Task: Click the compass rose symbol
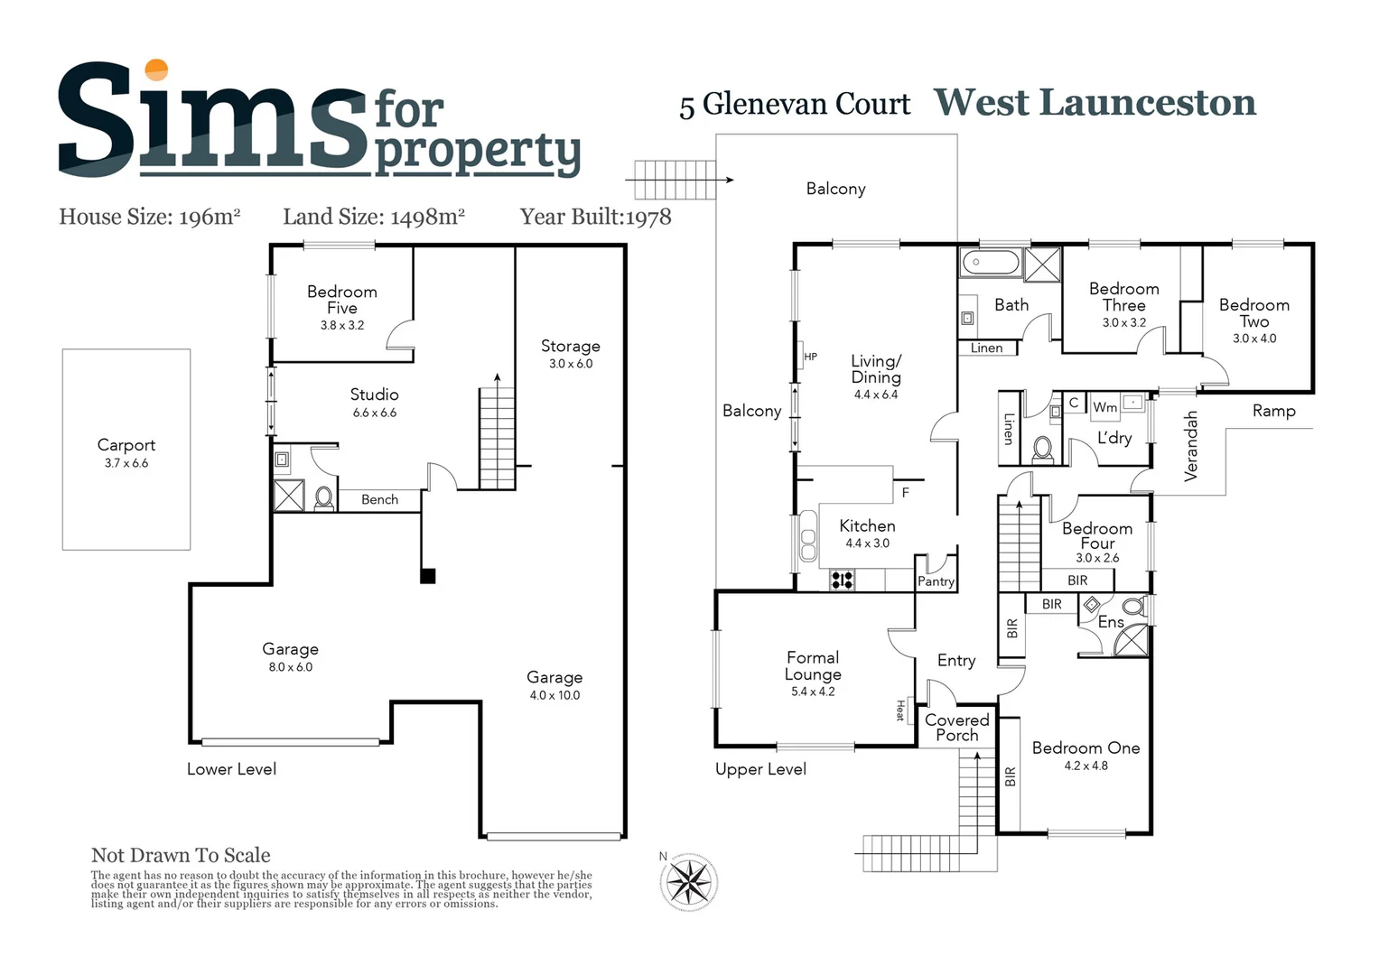point(689,881)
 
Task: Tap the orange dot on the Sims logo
point(156,70)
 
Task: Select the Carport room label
point(126,445)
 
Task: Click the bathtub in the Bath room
point(990,264)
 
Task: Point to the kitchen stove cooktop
point(842,580)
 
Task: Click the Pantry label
point(936,581)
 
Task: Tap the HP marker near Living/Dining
point(810,357)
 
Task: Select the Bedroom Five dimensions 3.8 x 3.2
point(342,325)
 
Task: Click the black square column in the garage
point(428,576)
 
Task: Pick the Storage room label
point(570,346)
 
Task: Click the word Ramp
point(1273,411)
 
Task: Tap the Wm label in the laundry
point(1104,407)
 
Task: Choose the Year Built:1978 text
point(595,217)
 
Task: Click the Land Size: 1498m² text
point(374,217)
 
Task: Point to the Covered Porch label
point(957,728)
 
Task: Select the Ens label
point(1111,622)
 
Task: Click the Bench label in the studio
point(379,499)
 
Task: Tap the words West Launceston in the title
point(1095,102)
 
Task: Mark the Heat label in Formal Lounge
point(900,710)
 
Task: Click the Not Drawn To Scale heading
point(181,855)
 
